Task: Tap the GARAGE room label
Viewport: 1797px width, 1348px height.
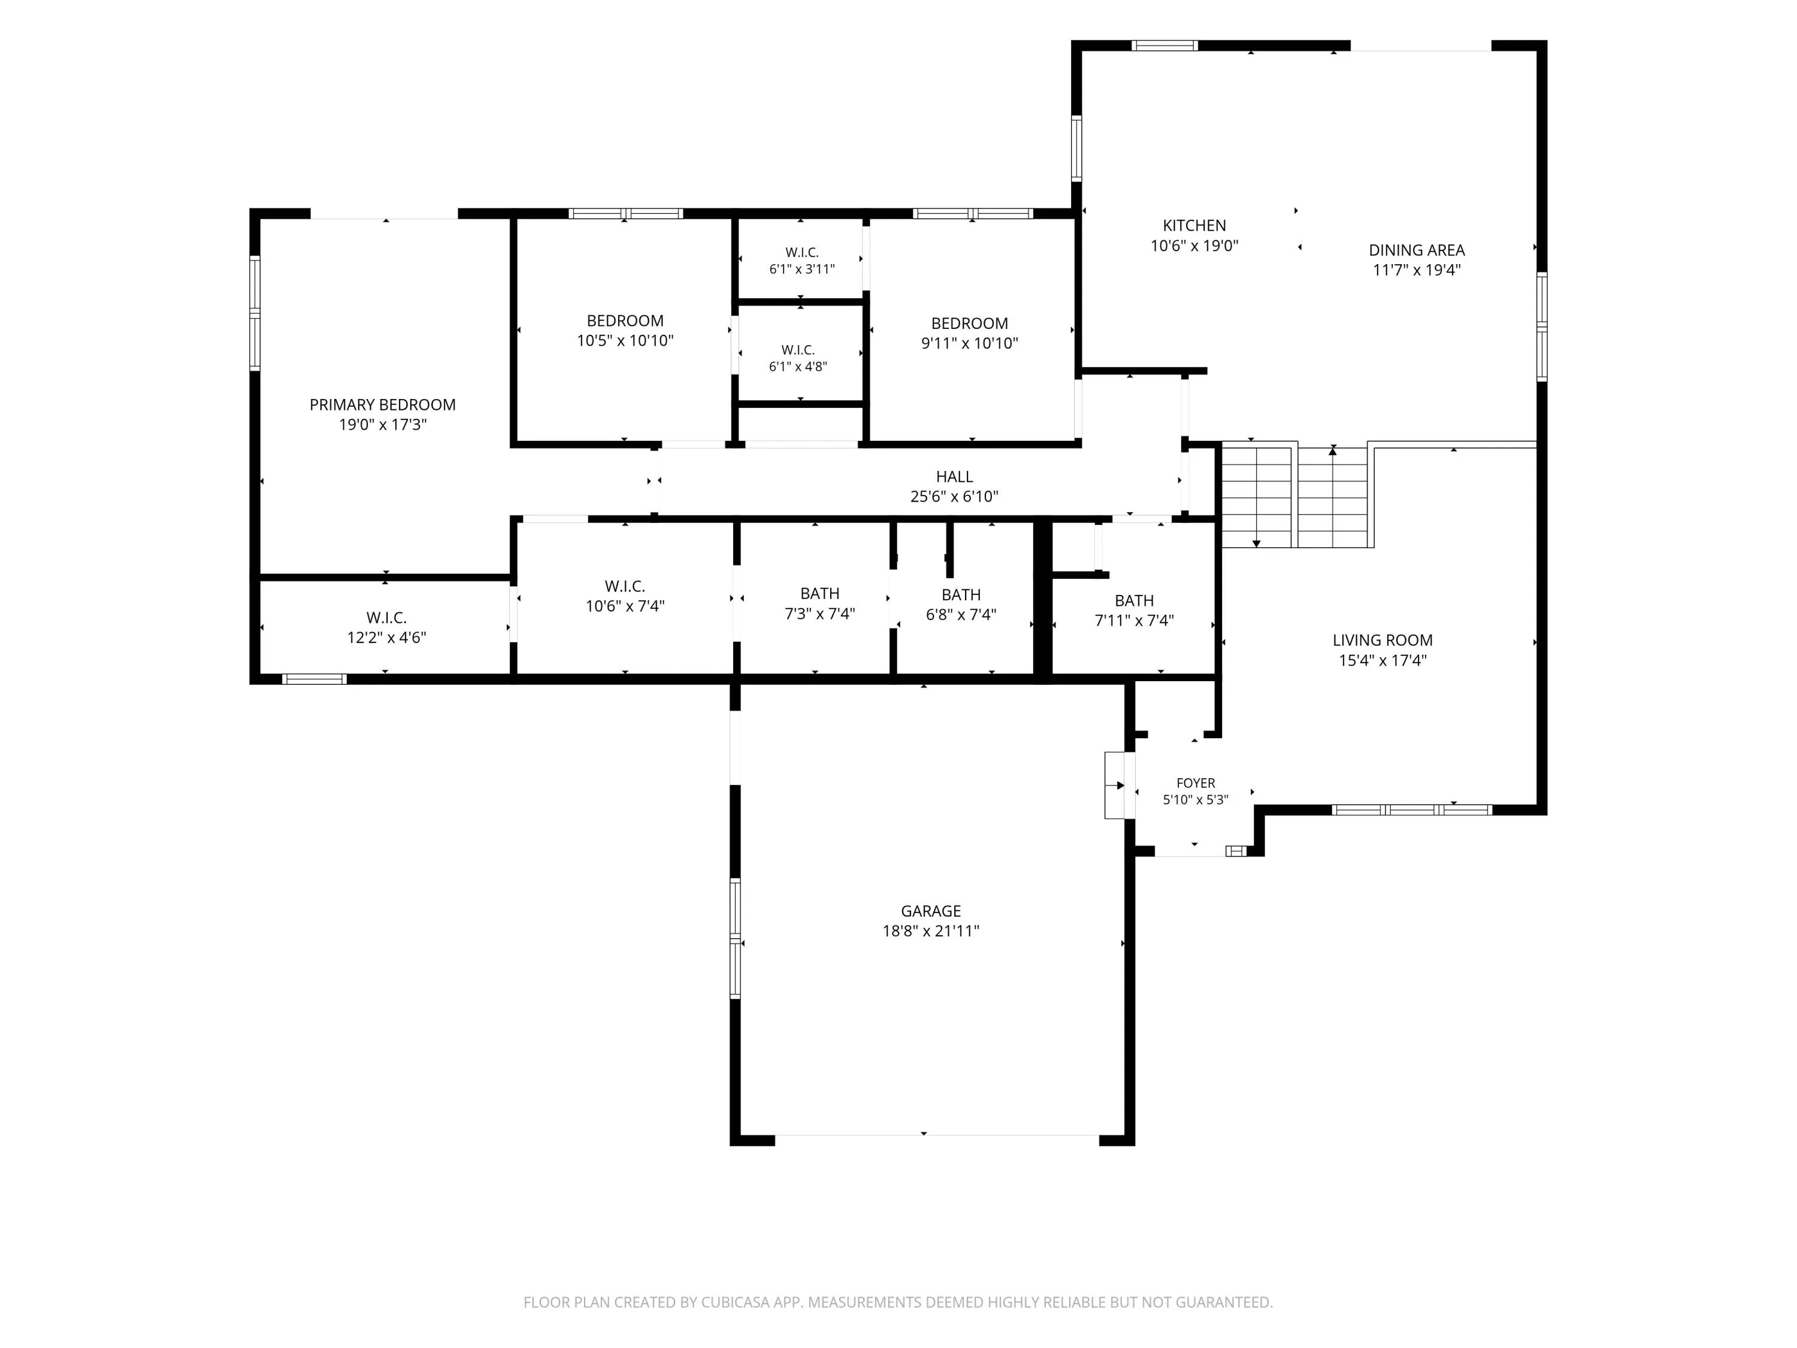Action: pyautogui.click(x=931, y=911)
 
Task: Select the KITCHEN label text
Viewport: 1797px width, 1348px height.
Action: pyautogui.click(x=1194, y=226)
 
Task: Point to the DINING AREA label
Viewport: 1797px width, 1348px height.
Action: pyautogui.click(x=1417, y=250)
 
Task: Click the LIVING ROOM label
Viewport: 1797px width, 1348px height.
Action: pyautogui.click(x=1382, y=640)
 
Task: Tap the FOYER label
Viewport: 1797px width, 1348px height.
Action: pyautogui.click(x=1196, y=782)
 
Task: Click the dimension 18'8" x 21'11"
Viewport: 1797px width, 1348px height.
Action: pyautogui.click(x=931, y=931)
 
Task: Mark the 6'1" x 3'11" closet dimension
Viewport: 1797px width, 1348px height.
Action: pyautogui.click(x=802, y=269)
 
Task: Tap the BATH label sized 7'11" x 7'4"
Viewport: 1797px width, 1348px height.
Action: pyautogui.click(x=1134, y=600)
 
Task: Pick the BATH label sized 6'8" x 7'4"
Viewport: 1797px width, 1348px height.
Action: pyautogui.click(x=961, y=595)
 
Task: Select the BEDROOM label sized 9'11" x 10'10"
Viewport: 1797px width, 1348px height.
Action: pyautogui.click(x=969, y=324)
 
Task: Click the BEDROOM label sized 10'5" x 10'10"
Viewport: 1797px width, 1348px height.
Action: pyautogui.click(x=625, y=321)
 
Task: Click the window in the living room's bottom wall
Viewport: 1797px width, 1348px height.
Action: pyautogui.click(x=1412, y=809)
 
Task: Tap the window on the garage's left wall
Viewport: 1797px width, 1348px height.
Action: pyautogui.click(x=735, y=938)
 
